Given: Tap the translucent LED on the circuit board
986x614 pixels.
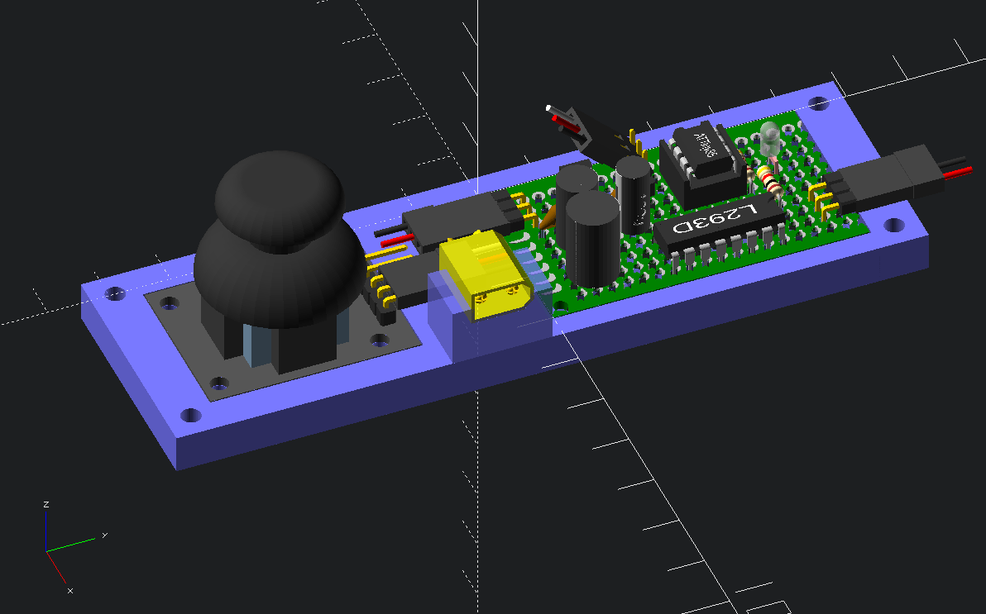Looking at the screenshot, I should pyautogui.click(x=769, y=137).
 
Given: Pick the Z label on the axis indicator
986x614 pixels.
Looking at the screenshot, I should pyautogui.click(x=47, y=504).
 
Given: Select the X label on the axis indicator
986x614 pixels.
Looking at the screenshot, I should pyautogui.click(x=70, y=590).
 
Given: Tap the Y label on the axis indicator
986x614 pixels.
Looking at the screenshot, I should pyautogui.click(x=105, y=535).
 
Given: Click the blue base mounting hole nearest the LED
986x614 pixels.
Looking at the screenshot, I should pyautogui.click(x=818, y=103).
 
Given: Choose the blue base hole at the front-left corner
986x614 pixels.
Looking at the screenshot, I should pyautogui.click(x=191, y=414).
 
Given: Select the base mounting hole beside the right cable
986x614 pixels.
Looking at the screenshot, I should pyautogui.click(x=893, y=225).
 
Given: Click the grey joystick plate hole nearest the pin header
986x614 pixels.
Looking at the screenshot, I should pyautogui.click(x=379, y=339).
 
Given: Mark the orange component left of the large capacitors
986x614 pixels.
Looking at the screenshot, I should pyautogui.click(x=547, y=217).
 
